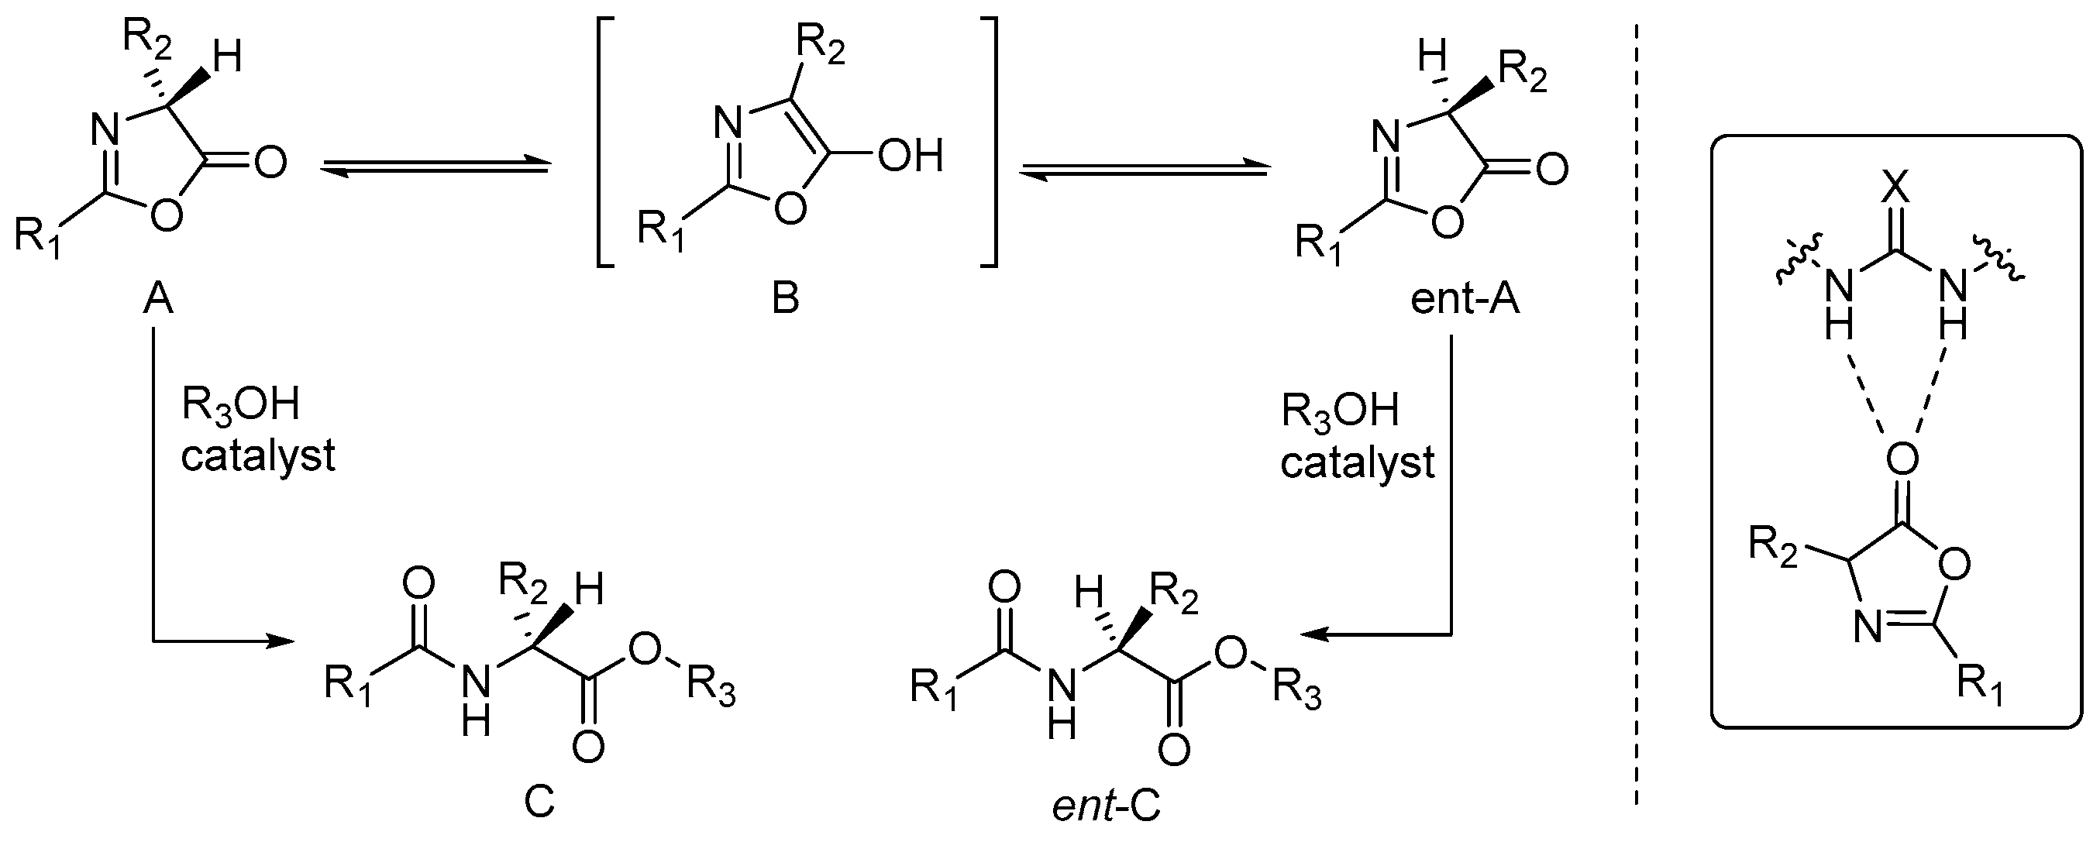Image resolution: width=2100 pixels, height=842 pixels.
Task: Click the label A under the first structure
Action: point(158,300)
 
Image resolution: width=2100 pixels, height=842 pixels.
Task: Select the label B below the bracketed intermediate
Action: point(785,300)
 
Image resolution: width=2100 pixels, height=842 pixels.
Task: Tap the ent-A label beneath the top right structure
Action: point(1465,300)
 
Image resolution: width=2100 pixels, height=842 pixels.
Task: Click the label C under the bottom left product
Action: point(539,802)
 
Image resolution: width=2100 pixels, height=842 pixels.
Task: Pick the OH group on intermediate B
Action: point(911,155)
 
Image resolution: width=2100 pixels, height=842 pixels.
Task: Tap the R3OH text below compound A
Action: point(239,405)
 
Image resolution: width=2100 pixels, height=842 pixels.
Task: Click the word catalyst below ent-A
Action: point(1357,462)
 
